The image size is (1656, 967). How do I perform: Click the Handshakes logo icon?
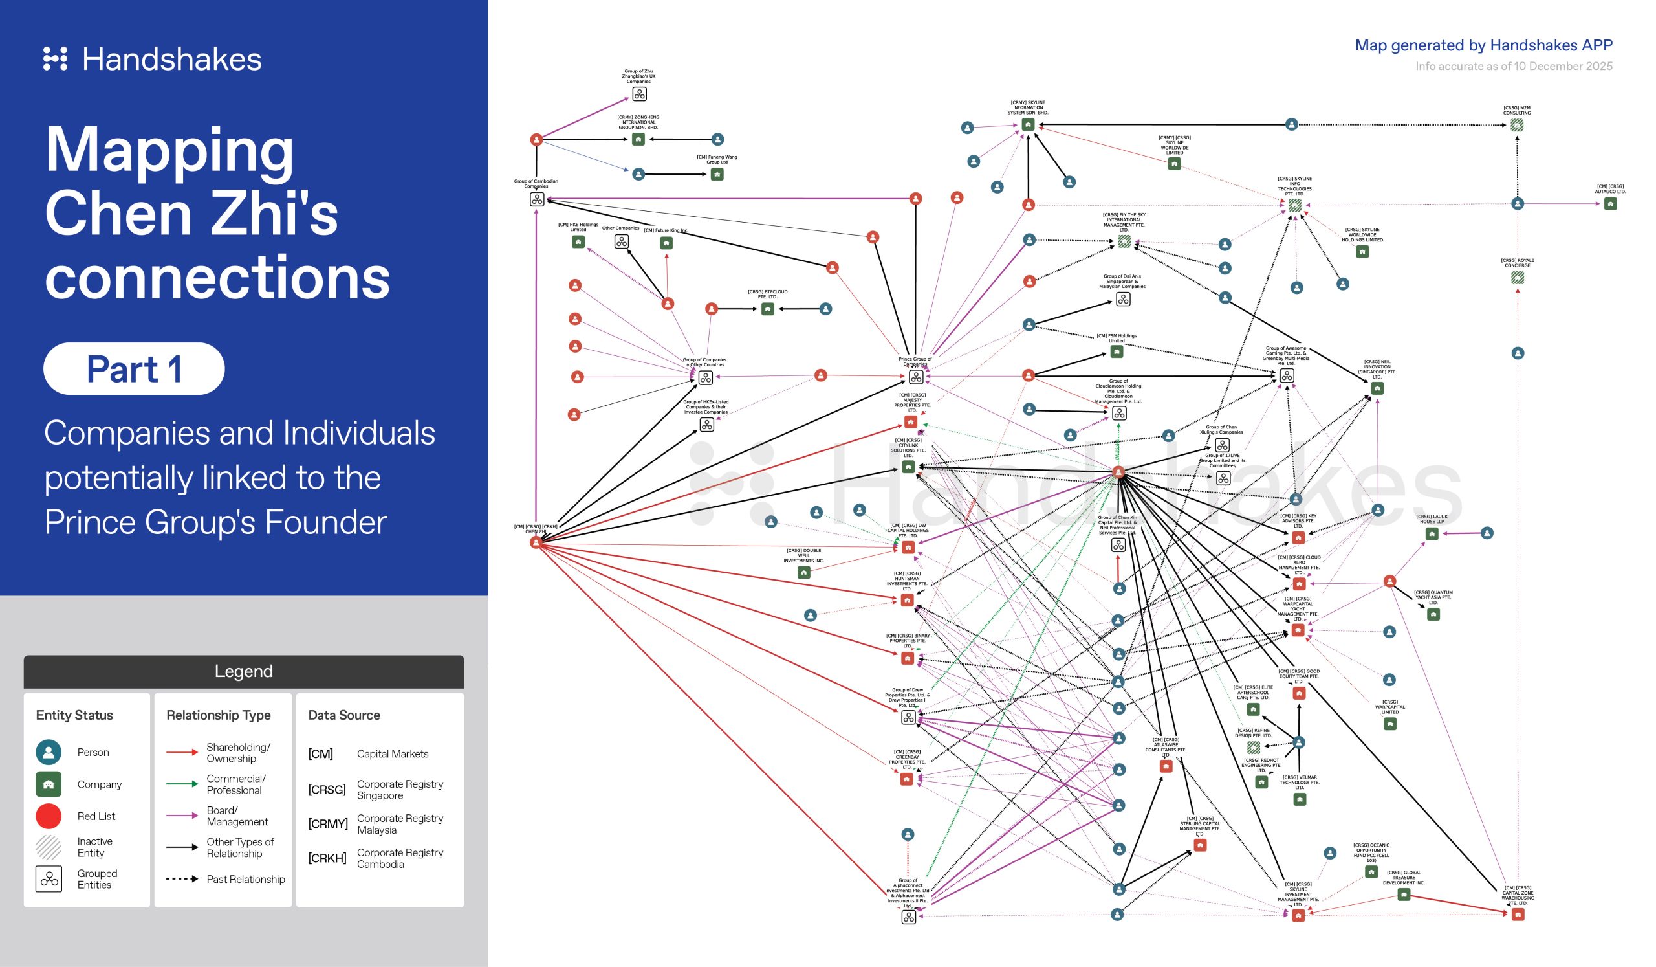point(55,58)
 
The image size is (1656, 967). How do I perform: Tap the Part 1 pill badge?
point(134,369)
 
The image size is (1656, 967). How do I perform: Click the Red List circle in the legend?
point(49,816)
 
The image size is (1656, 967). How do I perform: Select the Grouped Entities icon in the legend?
point(49,879)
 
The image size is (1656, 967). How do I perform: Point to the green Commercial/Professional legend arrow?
point(182,784)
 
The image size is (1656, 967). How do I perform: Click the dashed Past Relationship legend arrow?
point(182,879)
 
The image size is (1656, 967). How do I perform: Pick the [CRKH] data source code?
point(327,858)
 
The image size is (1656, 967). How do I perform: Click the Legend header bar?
point(244,671)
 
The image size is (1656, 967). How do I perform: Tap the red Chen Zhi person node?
point(536,542)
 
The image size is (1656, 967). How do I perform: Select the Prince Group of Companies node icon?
point(915,377)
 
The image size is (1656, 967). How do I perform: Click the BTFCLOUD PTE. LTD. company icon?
point(767,309)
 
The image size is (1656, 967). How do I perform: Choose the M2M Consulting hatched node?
point(1517,125)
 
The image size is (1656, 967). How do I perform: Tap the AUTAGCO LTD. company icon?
point(1610,204)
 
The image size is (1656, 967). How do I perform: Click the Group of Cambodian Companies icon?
point(536,199)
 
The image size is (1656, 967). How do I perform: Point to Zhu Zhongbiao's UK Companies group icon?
point(638,94)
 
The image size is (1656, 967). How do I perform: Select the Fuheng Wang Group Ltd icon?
point(717,174)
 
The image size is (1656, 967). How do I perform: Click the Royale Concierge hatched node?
point(1518,278)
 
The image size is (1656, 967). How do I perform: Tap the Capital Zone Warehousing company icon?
point(1518,915)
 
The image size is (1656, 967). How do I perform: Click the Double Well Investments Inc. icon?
point(803,573)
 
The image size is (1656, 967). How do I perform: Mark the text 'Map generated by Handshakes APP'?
point(1483,45)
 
